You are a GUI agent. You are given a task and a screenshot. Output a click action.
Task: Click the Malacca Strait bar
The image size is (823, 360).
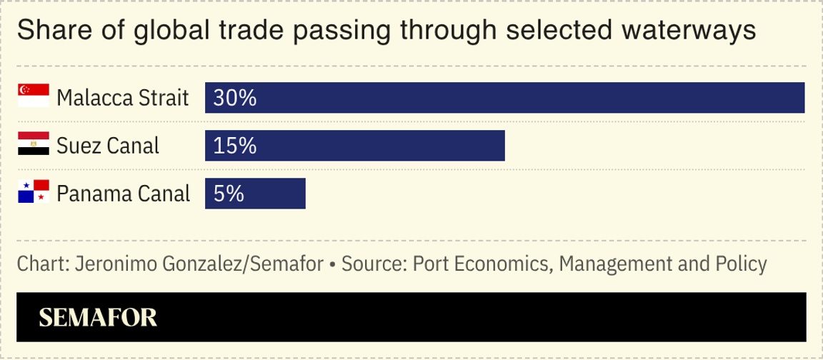504,98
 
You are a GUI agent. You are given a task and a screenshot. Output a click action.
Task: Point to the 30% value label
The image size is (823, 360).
234,98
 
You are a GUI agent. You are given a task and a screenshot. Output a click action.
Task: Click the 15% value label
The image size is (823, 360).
234,146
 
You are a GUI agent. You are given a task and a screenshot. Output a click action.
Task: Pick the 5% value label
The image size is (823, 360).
229,194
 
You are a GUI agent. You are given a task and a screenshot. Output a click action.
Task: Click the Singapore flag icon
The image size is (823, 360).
33,96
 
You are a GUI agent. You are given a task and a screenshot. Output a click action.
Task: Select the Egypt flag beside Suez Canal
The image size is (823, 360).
33,144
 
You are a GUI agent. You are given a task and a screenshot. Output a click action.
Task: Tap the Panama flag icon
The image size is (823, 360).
33,191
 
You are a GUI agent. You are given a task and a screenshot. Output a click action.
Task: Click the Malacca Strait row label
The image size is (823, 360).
122,98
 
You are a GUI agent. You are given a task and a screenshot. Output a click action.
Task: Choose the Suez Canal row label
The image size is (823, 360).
107,146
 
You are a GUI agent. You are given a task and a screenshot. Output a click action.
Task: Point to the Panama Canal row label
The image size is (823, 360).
123,194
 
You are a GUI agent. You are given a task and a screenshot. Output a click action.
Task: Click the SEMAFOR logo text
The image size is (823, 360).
98,318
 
